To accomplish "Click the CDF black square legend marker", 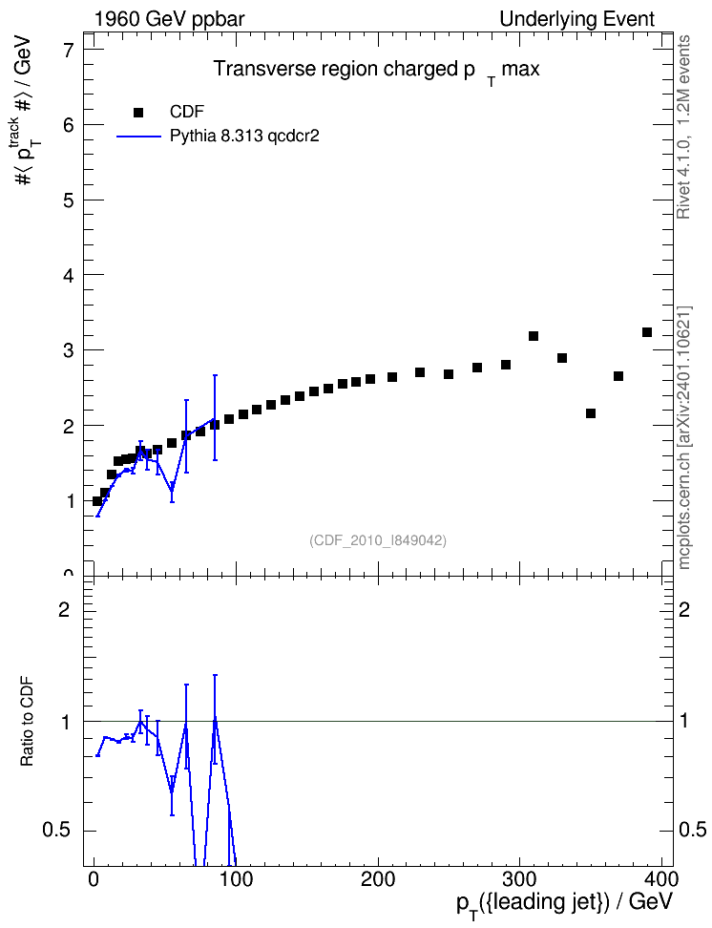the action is (138, 112).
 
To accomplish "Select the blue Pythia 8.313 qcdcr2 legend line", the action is (139, 137).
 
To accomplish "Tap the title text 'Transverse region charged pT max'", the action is (376, 71).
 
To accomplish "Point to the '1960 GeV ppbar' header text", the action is (169, 19).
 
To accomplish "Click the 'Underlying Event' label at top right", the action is (577, 19).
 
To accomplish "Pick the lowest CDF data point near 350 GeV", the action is (591, 413).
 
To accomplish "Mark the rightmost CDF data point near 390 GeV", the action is (647, 332).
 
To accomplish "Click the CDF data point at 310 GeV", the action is (534, 336).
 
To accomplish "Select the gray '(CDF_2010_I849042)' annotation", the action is (378, 540).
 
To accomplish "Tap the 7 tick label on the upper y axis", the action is (70, 50).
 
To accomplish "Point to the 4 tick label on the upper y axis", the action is (70, 275).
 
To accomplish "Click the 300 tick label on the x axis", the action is (519, 879).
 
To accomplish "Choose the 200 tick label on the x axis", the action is (378, 879).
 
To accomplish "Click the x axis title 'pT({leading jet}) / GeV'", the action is (565, 904).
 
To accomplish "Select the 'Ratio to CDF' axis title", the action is (28, 722).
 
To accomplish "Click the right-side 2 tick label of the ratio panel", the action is (684, 609).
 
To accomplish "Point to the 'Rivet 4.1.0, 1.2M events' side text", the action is (683, 127).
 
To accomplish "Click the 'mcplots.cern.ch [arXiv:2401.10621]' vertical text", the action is (684, 437).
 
